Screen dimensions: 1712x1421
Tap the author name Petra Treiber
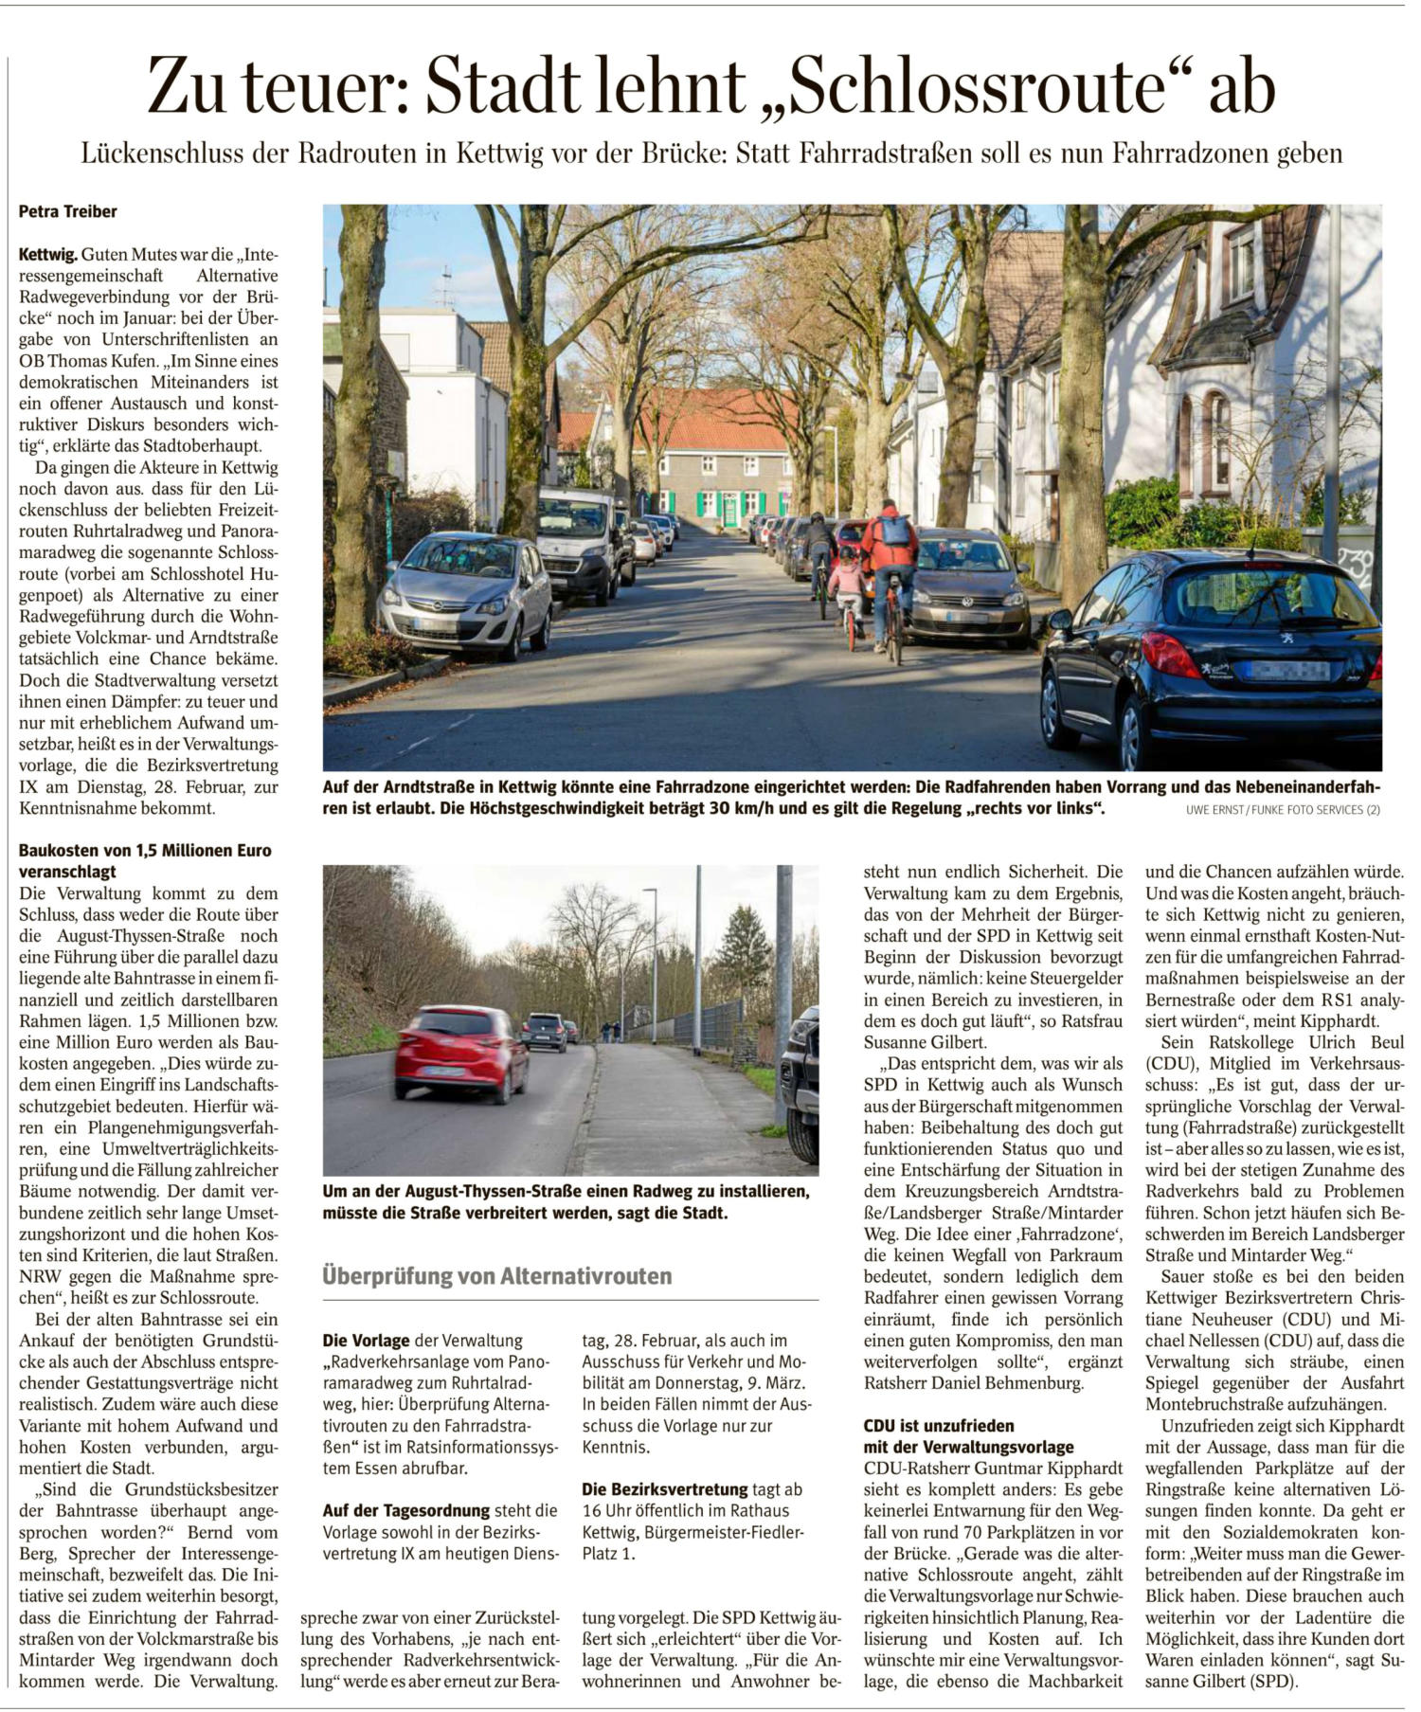point(68,212)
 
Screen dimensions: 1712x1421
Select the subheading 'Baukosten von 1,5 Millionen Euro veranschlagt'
point(145,860)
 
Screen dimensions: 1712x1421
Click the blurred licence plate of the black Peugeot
point(1287,671)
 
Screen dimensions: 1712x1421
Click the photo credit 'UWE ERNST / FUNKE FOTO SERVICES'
point(1282,810)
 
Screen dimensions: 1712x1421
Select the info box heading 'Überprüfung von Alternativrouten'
point(497,1275)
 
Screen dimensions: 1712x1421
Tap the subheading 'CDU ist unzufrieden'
point(938,1425)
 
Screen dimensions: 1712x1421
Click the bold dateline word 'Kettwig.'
point(48,255)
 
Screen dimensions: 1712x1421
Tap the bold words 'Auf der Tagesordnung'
point(406,1510)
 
